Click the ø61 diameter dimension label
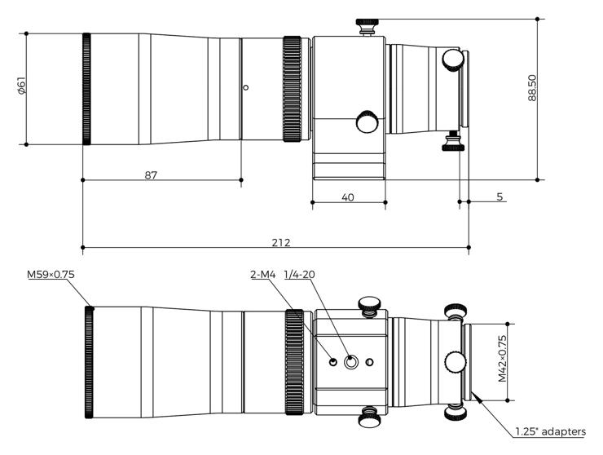[x=21, y=86]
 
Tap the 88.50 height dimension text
[x=532, y=88]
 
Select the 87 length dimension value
[x=151, y=175]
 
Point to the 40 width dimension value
[x=348, y=197]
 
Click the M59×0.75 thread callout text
[x=51, y=275]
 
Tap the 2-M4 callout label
[x=263, y=275]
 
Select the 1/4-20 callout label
[x=299, y=275]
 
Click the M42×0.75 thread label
[x=502, y=359]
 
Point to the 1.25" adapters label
[x=550, y=431]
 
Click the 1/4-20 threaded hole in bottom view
[x=350, y=362]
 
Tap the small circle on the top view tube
[x=246, y=87]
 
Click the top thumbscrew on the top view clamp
[x=368, y=26]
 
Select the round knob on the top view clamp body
[x=368, y=122]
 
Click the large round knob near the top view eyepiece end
[x=453, y=60]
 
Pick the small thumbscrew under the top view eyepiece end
[x=453, y=141]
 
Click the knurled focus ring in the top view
[x=293, y=89]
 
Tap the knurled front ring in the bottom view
[x=89, y=362]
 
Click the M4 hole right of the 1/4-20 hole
[x=370, y=362]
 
